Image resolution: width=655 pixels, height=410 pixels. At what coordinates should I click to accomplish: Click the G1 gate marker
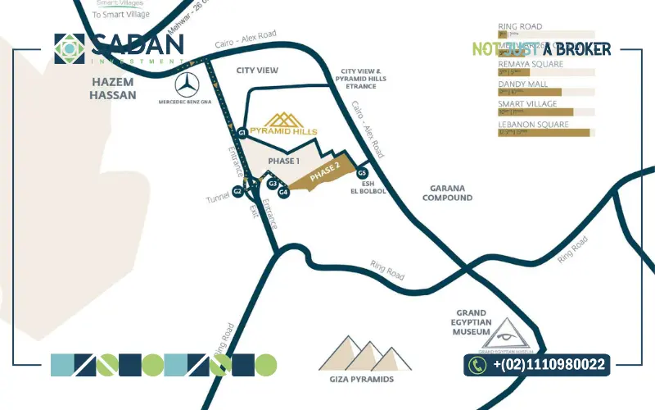tap(242, 132)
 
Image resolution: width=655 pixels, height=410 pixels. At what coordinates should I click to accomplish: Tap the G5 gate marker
tap(362, 172)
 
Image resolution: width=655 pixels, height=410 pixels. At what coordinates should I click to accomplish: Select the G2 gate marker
tap(237, 190)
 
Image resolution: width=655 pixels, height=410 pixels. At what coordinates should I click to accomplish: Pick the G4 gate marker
tap(283, 193)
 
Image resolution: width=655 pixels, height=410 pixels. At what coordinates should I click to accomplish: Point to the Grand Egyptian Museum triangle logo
tap(506, 331)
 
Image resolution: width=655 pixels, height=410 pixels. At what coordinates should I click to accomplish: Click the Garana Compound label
tap(447, 193)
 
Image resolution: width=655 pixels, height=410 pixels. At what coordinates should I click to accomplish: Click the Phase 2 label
tap(324, 173)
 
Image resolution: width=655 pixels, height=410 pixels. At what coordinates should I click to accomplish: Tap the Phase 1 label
tap(284, 162)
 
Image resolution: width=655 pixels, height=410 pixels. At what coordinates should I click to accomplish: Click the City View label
tap(257, 71)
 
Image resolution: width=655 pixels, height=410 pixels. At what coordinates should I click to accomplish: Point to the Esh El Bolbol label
tap(362, 187)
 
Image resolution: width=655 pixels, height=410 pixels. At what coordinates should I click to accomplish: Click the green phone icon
tap(478, 364)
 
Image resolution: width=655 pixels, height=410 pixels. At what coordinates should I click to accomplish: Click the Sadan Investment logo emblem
tap(70, 48)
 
